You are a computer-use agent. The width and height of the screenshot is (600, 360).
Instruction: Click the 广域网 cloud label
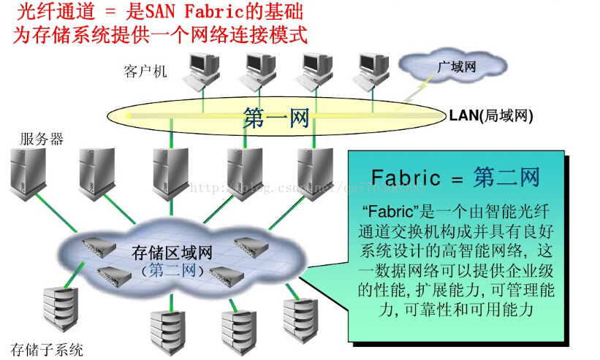pyautogui.click(x=457, y=67)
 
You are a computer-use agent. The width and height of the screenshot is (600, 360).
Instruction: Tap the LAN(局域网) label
pyautogui.click(x=490, y=115)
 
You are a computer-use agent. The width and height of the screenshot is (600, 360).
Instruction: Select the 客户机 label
pyautogui.click(x=145, y=72)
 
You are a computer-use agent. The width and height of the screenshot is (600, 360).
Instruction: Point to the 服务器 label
pyautogui.click(x=42, y=139)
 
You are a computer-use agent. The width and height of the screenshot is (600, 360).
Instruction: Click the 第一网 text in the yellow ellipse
pyautogui.click(x=276, y=118)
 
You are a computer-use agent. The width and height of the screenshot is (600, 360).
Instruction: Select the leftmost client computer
pyautogui.click(x=202, y=69)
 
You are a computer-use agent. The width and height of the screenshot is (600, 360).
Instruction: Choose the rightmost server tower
pyautogui.click(x=315, y=172)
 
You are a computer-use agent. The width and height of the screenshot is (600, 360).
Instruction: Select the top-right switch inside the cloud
pyautogui.click(x=248, y=243)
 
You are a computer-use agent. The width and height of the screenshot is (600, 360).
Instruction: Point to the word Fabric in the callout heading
pyautogui.click(x=406, y=177)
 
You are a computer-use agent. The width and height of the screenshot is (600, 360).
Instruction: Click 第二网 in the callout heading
pyautogui.click(x=506, y=177)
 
